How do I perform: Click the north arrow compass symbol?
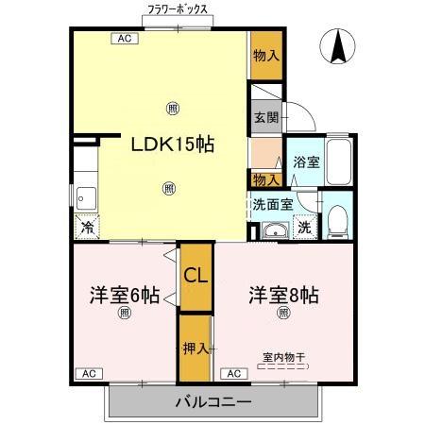pyautogui.click(x=337, y=46)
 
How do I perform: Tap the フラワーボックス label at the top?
pyautogui.click(x=178, y=9)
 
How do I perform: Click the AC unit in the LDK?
pyautogui.click(x=125, y=39)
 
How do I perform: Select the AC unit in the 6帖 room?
pyautogui.click(x=89, y=374)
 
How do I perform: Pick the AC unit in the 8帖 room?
pyautogui.click(x=234, y=374)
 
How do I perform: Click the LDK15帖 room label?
pyautogui.click(x=173, y=144)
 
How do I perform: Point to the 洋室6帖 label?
pyautogui.click(x=125, y=295)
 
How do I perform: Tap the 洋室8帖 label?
pyautogui.click(x=283, y=295)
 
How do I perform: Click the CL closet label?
pyautogui.click(x=195, y=276)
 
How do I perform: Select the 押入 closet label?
pyautogui.click(x=195, y=348)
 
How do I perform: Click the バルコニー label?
pyautogui.click(x=213, y=402)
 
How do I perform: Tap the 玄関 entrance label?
pyautogui.click(x=266, y=117)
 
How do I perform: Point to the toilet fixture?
pyautogui.click(x=338, y=222)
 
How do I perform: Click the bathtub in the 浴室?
pyautogui.click(x=339, y=161)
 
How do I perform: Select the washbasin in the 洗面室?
pyautogui.click(x=276, y=230)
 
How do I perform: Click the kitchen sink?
pyautogui.click(x=86, y=198)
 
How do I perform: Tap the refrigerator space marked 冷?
pyautogui.click(x=87, y=227)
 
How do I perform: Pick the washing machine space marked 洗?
pyautogui.click(x=305, y=227)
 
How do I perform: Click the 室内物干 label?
pyautogui.click(x=283, y=357)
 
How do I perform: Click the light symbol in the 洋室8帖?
pyautogui.click(x=283, y=313)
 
